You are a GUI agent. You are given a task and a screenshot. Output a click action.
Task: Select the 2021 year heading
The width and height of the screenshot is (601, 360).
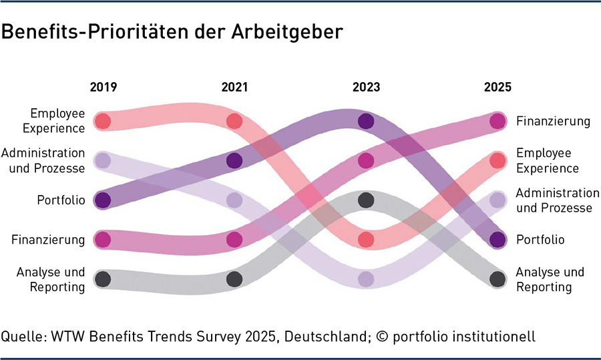(x=234, y=87)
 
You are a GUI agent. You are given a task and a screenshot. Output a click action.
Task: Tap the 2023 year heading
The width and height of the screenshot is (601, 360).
(x=366, y=87)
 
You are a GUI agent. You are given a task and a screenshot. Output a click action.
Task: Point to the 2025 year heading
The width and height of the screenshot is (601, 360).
(x=497, y=87)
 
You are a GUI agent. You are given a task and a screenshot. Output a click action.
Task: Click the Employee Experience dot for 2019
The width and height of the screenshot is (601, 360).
(x=102, y=121)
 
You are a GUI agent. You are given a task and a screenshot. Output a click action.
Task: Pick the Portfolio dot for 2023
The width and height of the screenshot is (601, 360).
(x=366, y=121)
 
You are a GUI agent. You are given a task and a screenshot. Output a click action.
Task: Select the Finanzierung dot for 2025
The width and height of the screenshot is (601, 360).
(x=497, y=121)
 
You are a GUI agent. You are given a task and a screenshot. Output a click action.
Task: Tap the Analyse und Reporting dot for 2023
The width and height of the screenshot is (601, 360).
(x=366, y=200)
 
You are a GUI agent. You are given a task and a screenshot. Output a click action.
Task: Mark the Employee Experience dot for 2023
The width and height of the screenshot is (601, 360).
(x=366, y=239)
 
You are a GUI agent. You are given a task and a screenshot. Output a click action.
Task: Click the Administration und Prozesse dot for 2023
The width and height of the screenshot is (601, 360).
(x=366, y=279)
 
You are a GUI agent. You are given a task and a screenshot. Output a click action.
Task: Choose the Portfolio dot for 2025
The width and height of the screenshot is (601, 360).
(x=497, y=239)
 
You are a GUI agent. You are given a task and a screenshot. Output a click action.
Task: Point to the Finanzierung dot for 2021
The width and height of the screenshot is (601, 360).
(x=234, y=239)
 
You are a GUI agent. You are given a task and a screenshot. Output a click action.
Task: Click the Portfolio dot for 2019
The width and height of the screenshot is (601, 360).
(x=102, y=200)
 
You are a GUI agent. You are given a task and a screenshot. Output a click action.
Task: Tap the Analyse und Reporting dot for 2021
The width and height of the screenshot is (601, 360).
(x=234, y=279)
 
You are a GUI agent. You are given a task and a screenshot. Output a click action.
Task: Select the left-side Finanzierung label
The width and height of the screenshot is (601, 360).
(x=48, y=239)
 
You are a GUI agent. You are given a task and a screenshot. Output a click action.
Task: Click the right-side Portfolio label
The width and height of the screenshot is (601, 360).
(x=540, y=239)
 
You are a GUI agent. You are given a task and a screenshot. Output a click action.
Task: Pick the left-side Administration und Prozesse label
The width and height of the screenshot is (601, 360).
(x=43, y=160)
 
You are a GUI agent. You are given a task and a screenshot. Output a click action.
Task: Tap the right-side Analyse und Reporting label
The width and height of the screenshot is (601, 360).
(x=550, y=279)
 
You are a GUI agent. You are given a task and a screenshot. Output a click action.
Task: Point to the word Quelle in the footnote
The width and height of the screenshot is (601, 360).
(x=21, y=337)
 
